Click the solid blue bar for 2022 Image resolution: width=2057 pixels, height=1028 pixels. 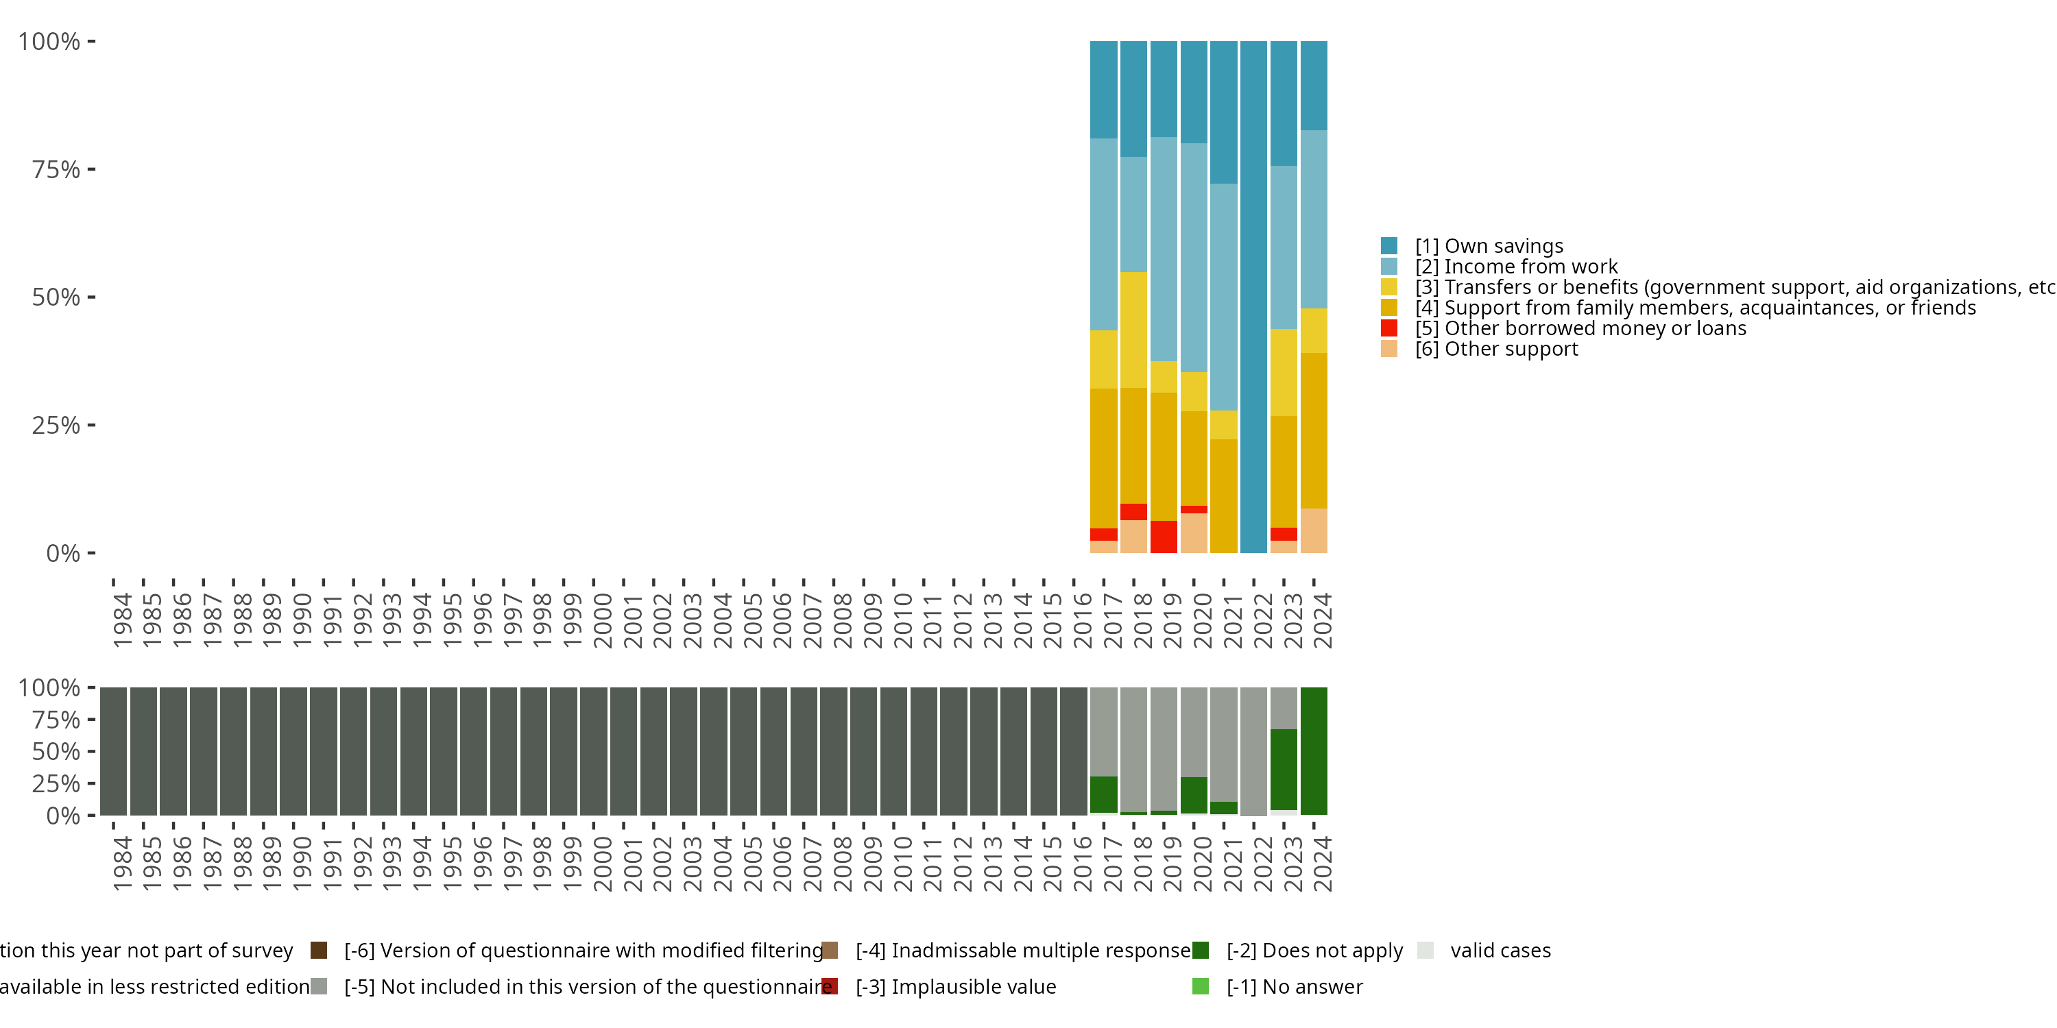click(x=1253, y=297)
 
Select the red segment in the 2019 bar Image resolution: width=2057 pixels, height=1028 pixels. click(x=1164, y=537)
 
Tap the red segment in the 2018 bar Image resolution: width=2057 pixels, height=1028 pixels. click(x=1133, y=512)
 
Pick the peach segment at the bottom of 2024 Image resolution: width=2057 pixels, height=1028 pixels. click(x=1314, y=530)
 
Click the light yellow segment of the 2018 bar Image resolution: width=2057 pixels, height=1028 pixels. click(x=1133, y=330)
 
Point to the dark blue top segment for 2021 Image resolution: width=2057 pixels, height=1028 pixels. click(x=1223, y=112)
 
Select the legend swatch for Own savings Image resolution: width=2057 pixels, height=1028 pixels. click(x=1389, y=246)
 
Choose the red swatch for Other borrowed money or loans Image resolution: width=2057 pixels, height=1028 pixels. click(x=1389, y=328)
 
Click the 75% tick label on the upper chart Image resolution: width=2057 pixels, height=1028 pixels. click(x=56, y=169)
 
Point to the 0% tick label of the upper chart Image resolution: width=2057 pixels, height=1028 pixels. click(x=63, y=553)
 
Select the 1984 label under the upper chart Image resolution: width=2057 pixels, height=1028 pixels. click(x=122, y=620)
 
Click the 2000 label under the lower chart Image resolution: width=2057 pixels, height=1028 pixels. click(x=603, y=864)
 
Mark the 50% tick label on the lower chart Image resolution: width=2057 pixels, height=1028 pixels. click(x=56, y=751)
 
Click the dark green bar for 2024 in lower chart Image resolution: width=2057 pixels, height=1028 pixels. click(x=1314, y=751)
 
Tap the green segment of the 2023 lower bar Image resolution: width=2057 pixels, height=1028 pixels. click(x=1284, y=770)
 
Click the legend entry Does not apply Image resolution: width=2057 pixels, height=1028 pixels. click(x=1314, y=951)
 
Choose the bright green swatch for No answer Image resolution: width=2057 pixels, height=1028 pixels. click(x=1200, y=986)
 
